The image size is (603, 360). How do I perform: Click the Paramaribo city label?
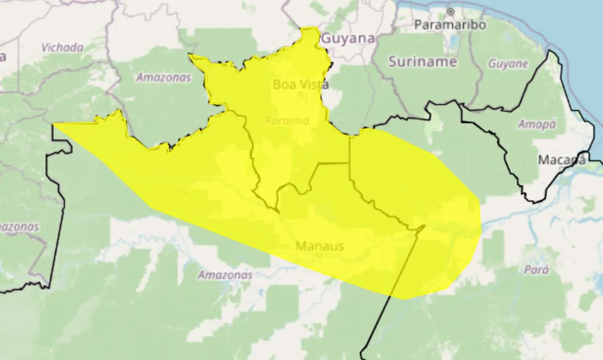(x=450, y=25)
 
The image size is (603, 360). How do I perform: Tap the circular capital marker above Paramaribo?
(x=450, y=11)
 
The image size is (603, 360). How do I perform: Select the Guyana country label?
(x=349, y=39)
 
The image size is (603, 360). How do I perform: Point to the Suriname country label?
(x=423, y=61)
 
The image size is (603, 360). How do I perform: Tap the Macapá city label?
(x=562, y=160)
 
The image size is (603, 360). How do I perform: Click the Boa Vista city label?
(x=301, y=85)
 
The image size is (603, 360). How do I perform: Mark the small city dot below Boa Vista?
(x=301, y=94)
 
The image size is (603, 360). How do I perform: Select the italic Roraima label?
(x=287, y=121)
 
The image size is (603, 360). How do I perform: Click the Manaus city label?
(x=319, y=245)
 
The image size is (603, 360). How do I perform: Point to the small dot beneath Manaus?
(x=320, y=255)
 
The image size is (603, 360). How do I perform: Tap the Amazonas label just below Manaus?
(x=225, y=275)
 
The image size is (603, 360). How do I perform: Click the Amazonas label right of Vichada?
(x=163, y=78)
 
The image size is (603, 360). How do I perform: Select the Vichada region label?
(x=62, y=48)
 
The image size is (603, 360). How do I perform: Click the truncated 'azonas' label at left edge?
(x=19, y=227)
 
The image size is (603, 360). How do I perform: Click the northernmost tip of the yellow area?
(x=310, y=28)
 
